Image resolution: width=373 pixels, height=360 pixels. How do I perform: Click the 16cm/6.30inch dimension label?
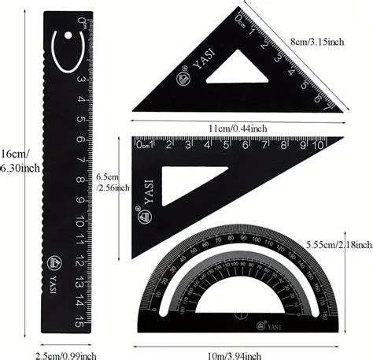pos(17,161)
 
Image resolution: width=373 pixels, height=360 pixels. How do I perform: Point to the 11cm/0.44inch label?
pos(238,128)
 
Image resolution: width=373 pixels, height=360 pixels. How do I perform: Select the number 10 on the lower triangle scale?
pos(319,145)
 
